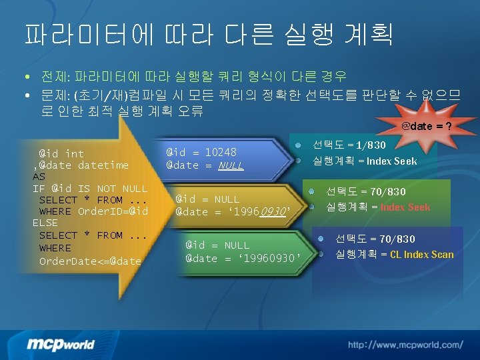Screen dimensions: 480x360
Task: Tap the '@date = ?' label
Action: coord(427,126)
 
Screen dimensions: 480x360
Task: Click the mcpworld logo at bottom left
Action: coord(61,344)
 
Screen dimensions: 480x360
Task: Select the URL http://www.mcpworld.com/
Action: coord(405,345)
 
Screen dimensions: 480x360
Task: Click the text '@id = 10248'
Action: coord(201,152)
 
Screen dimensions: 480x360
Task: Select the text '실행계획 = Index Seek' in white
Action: coord(365,161)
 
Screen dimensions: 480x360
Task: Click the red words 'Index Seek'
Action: coord(405,207)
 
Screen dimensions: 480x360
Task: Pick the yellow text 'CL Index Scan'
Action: coord(421,254)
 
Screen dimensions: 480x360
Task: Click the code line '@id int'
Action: coord(61,153)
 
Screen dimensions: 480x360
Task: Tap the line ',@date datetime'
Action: coord(81,165)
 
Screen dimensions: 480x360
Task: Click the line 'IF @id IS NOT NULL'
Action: coord(90,189)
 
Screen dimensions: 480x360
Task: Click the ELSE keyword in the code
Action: coord(45,223)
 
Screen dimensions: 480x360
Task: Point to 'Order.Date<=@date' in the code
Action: coord(90,261)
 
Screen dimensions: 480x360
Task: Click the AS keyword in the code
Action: coord(39,177)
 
